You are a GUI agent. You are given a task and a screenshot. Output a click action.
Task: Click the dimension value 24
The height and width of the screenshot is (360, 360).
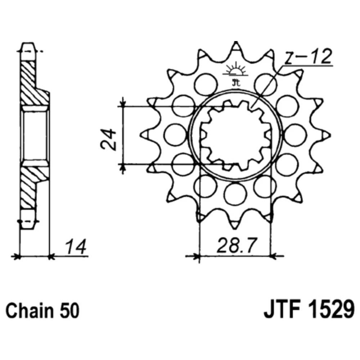[x=108, y=139]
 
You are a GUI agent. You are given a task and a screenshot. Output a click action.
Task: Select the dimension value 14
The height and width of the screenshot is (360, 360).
[x=76, y=247]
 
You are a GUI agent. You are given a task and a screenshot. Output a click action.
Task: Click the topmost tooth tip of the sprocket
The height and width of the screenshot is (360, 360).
[x=235, y=42]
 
